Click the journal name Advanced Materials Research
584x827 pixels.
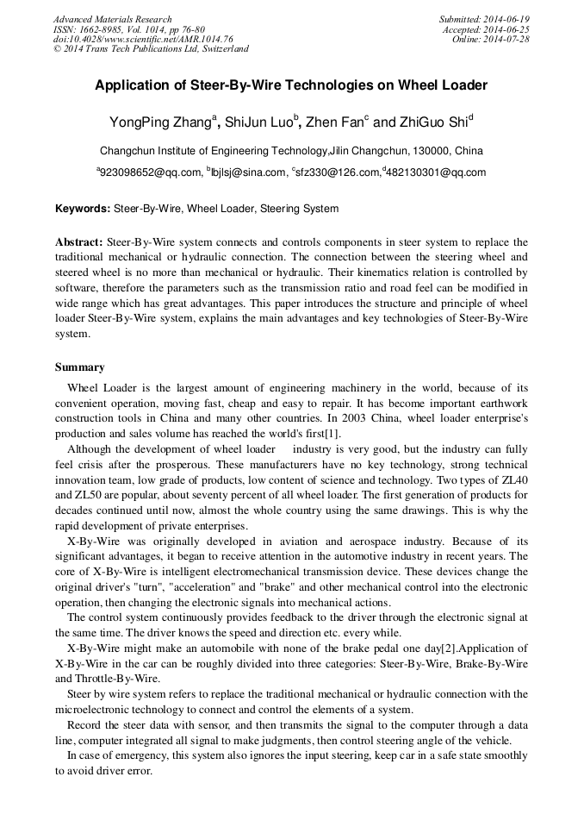coord(112,19)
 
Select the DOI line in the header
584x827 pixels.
coord(143,40)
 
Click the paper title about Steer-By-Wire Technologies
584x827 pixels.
coord(291,85)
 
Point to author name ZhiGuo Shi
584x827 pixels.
coord(432,122)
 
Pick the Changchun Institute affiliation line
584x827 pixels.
coord(291,149)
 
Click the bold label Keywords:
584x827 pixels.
coord(83,209)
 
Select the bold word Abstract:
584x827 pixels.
coord(79,242)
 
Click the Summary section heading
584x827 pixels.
coord(80,367)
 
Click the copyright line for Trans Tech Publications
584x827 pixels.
coord(151,49)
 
